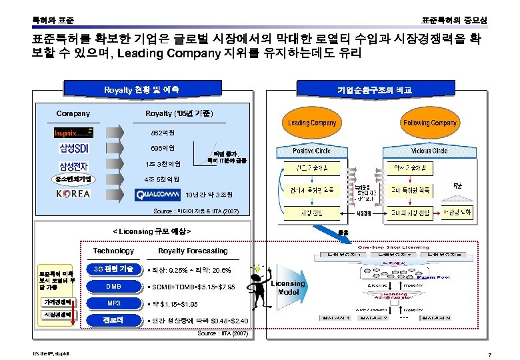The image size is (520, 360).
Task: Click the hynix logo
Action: pyautogui.click(x=74, y=133)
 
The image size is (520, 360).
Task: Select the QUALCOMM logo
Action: pyautogui.click(x=158, y=195)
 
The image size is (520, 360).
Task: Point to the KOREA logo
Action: pyautogui.click(x=73, y=194)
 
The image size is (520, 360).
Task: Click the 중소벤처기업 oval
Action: pyautogui.click(x=75, y=179)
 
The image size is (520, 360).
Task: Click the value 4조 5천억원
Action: pyautogui.click(x=161, y=179)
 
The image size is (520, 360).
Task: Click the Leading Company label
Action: pyautogui.click(x=312, y=123)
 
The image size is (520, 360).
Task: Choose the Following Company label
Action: pyautogui.click(x=430, y=123)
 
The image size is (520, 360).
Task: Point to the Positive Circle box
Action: pyautogui.click(x=312, y=151)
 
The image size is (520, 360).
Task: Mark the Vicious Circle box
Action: pyautogui.click(x=430, y=151)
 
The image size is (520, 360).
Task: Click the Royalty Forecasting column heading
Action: pyautogui.click(x=192, y=251)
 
